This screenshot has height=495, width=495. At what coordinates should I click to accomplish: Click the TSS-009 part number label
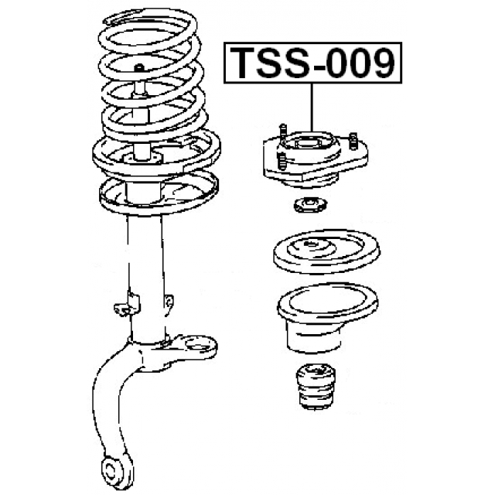312,63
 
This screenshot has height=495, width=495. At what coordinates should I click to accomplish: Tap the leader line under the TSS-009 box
312,108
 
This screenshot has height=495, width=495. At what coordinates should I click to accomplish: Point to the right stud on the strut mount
353,141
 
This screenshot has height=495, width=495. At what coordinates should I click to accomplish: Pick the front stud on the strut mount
281,160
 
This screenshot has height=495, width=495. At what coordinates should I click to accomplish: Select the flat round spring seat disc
326,251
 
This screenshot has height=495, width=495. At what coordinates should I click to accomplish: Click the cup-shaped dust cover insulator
327,316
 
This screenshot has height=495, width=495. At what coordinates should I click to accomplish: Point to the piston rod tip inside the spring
139,67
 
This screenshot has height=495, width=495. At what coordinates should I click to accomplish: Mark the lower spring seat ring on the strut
159,193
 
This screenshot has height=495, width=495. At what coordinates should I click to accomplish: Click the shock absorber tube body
146,278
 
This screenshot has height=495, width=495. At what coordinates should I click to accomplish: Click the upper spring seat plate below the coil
156,153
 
